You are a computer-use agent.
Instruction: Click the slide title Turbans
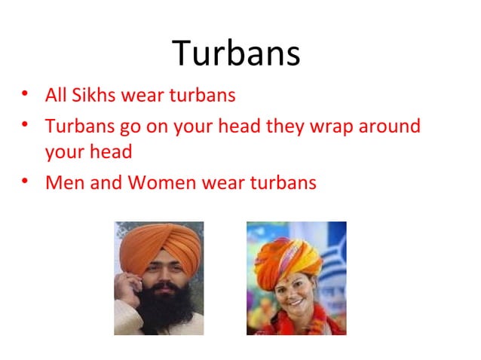pos(236,53)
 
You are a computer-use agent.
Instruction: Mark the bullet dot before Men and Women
pos(26,182)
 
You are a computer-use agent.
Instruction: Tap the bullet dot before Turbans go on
pos(26,124)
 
